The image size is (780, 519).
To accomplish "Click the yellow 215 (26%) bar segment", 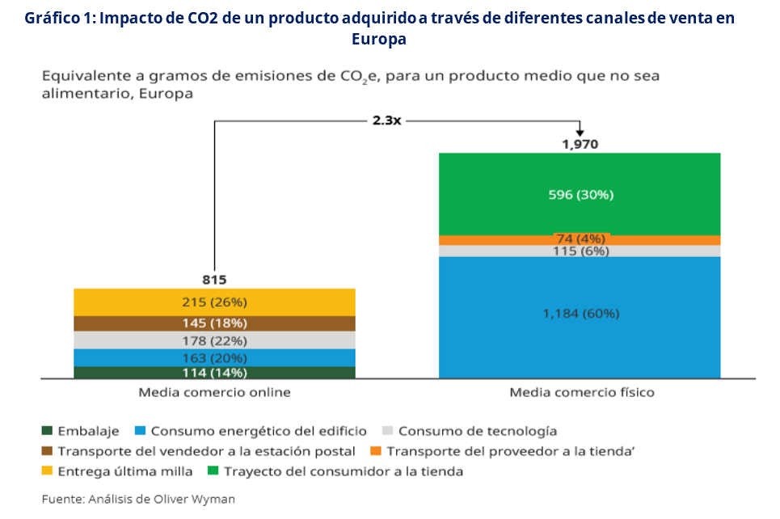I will click(214, 302).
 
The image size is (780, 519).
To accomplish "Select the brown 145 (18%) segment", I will click(214, 323).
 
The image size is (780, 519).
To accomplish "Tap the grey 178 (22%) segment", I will click(214, 340).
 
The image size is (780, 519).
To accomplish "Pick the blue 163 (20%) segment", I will click(214, 357).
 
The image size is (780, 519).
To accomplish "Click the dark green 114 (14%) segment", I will click(214, 373).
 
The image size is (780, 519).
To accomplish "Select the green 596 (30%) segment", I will click(579, 194).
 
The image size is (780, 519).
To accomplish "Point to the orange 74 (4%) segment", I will click(579, 240).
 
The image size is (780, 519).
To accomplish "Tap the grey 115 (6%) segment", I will click(579, 251).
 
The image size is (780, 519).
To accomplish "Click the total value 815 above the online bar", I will click(213, 280).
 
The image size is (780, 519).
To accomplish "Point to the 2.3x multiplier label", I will click(386, 120).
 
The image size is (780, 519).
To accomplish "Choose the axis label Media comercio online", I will click(214, 393).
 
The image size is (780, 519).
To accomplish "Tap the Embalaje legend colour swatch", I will click(48, 431).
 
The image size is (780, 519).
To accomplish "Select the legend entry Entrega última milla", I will click(125, 471).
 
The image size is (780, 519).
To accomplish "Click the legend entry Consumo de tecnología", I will click(477, 431).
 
